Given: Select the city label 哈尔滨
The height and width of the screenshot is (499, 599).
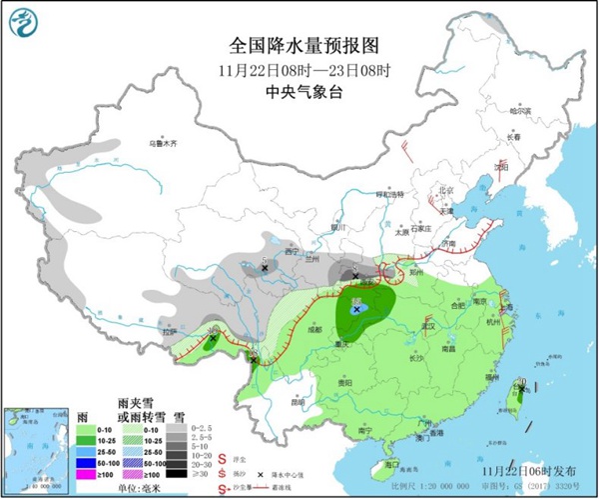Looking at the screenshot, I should [x=513, y=111].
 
